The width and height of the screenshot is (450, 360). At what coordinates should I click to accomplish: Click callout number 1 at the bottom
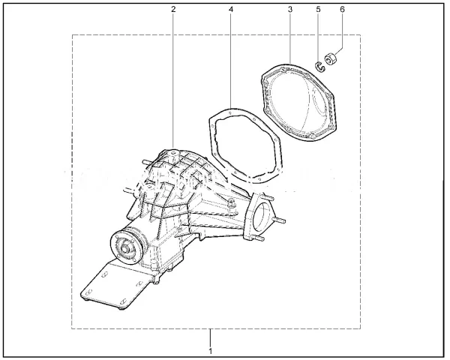(x=211, y=351)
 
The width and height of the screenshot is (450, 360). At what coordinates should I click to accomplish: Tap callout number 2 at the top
(x=173, y=9)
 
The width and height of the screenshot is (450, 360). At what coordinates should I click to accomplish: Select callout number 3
(x=290, y=9)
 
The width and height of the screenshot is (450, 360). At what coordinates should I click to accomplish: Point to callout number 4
(x=231, y=9)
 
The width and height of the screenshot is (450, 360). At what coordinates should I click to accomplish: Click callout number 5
(x=318, y=9)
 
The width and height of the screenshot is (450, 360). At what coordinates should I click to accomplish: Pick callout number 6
(x=342, y=9)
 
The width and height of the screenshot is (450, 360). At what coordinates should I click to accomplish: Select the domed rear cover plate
(x=299, y=102)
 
